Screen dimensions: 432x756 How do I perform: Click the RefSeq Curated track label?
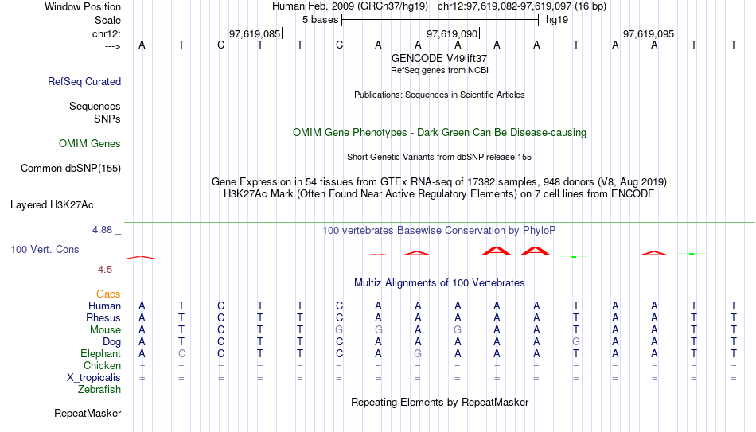click(x=84, y=81)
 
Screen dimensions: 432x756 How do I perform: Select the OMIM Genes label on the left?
click(x=90, y=144)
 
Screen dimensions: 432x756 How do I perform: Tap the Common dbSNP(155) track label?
click(x=71, y=168)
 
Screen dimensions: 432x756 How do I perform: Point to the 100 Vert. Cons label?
click(x=45, y=249)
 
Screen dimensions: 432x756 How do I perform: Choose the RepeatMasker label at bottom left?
click(x=88, y=414)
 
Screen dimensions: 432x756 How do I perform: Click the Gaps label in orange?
click(x=108, y=294)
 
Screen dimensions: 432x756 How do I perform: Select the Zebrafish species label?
click(x=99, y=390)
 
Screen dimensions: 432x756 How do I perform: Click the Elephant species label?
click(x=101, y=354)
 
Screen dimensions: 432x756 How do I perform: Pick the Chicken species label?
click(x=103, y=366)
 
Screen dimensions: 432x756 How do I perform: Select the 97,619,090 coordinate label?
click(x=452, y=34)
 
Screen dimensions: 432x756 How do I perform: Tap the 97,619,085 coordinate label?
click(x=254, y=34)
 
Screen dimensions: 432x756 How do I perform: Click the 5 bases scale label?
click(x=320, y=20)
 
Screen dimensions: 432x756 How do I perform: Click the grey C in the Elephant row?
click(x=181, y=354)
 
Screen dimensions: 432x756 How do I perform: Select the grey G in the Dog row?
click(x=575, y=342)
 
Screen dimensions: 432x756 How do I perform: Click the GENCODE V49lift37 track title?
click(x=439, y=59)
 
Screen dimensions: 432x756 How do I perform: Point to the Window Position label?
click(x=83, y=6)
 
